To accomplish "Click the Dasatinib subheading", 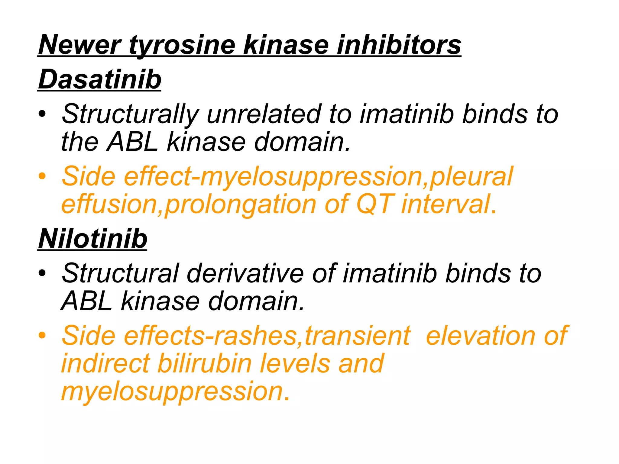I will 100,79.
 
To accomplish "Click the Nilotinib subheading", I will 92,239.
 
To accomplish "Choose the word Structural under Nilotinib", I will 121,273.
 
